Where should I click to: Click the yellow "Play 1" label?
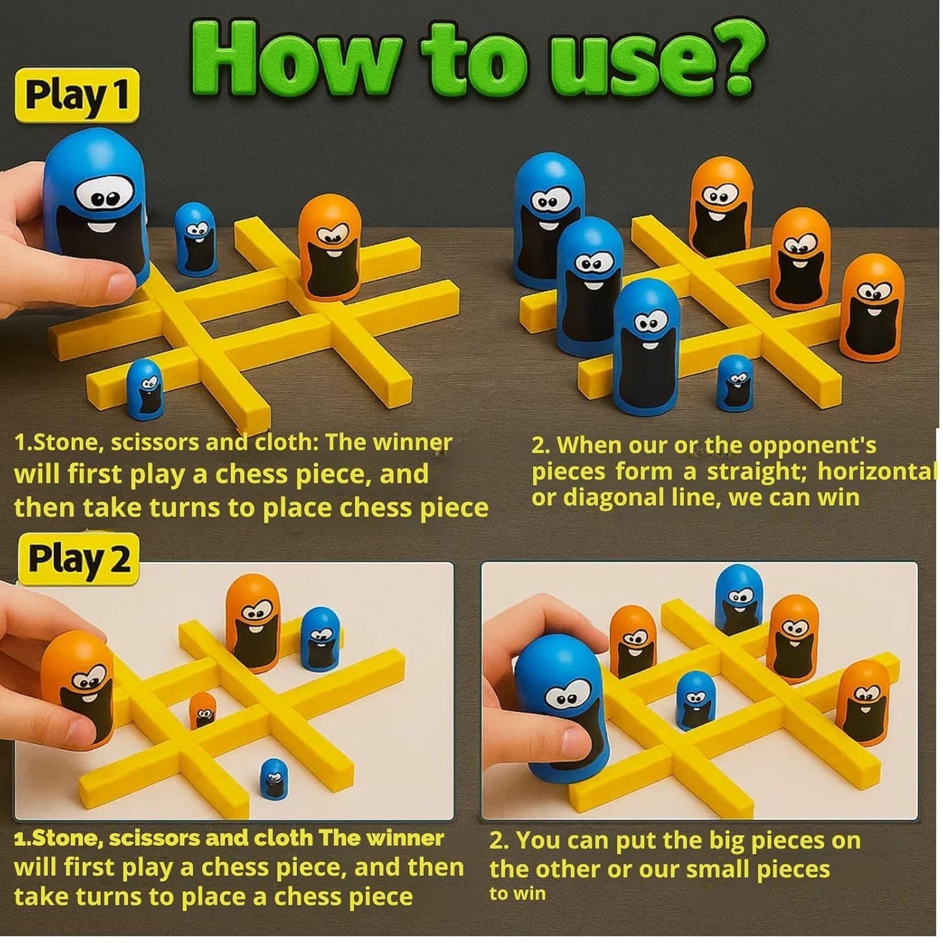pyautogui.click(x=77, y=95)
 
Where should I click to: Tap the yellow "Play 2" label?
pyautogui.click(x=78, y=559)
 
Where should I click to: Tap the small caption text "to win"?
pyautogui.click(x=517, y=893)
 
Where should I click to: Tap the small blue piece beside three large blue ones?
pyautogui.click(x=735, y=382)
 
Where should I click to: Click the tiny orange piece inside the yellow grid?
pyautogui.click(x=203, y=711)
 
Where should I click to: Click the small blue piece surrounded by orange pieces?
pyautogui.click(x=695, y=700)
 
